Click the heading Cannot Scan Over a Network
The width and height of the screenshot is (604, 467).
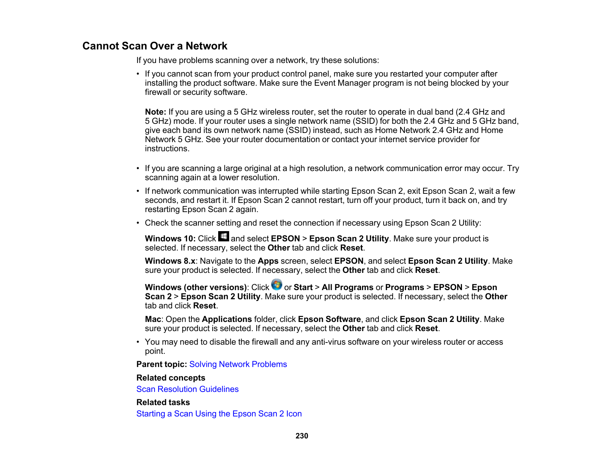155,46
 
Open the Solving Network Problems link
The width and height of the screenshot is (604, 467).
238,364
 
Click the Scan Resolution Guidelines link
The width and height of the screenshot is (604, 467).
187,389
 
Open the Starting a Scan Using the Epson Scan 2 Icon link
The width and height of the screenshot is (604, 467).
219,414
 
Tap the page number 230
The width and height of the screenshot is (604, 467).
302,436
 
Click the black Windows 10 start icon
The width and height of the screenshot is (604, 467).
223,236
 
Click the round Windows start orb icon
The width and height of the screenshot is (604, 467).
277,285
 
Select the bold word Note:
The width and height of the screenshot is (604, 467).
156,112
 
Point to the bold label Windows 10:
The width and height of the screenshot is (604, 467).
170,239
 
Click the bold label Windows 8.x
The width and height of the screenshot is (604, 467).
170,261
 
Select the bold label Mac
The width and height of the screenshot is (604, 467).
153,319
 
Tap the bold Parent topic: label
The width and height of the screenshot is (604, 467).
162,364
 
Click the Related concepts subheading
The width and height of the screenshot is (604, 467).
171,378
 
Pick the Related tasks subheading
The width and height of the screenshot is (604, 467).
163,403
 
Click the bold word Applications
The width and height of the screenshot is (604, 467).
227,319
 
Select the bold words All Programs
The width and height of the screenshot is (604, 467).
347,288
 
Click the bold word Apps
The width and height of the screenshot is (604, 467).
268,261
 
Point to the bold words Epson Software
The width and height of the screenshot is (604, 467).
329,319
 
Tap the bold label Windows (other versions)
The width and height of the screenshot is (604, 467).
196,288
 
